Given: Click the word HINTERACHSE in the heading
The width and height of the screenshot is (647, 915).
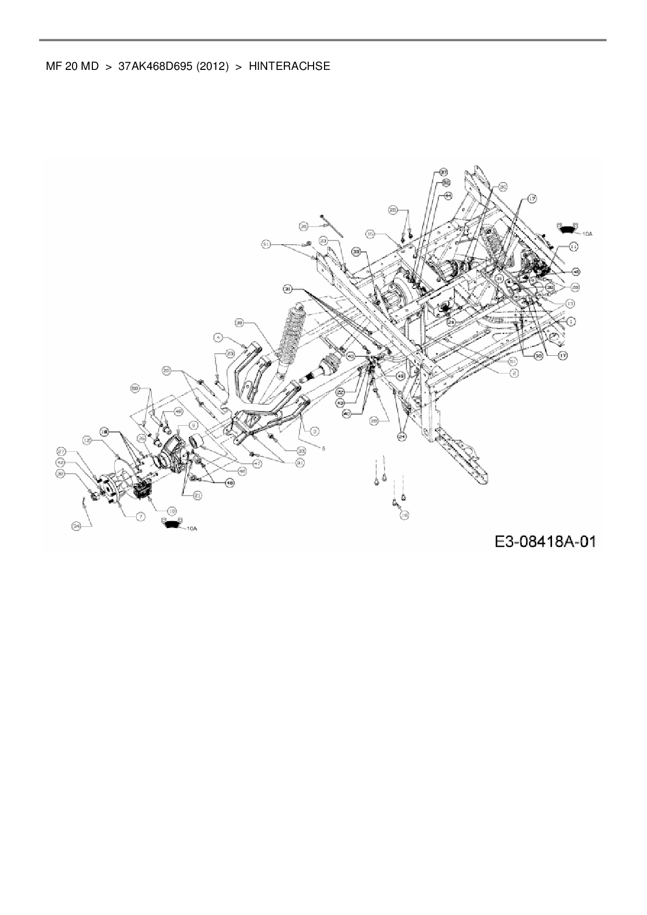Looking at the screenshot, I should [x=289, y=66].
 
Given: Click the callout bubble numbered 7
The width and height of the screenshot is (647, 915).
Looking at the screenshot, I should [x=140, y=516].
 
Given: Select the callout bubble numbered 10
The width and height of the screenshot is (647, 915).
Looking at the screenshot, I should [x=172, y=511].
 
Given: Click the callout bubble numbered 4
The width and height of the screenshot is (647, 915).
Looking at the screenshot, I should [x=219, y=338].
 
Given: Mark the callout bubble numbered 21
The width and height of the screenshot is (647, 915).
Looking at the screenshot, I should [x=198, y=496].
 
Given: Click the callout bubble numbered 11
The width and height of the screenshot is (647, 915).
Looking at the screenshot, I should [x=573, y=247].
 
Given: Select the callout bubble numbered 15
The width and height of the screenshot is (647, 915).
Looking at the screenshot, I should [x=370, y=234].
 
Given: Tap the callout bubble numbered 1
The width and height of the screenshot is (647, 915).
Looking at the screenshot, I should [x=571, y=322].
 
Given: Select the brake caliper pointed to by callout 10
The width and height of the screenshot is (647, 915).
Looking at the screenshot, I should [x=143, y=489].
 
